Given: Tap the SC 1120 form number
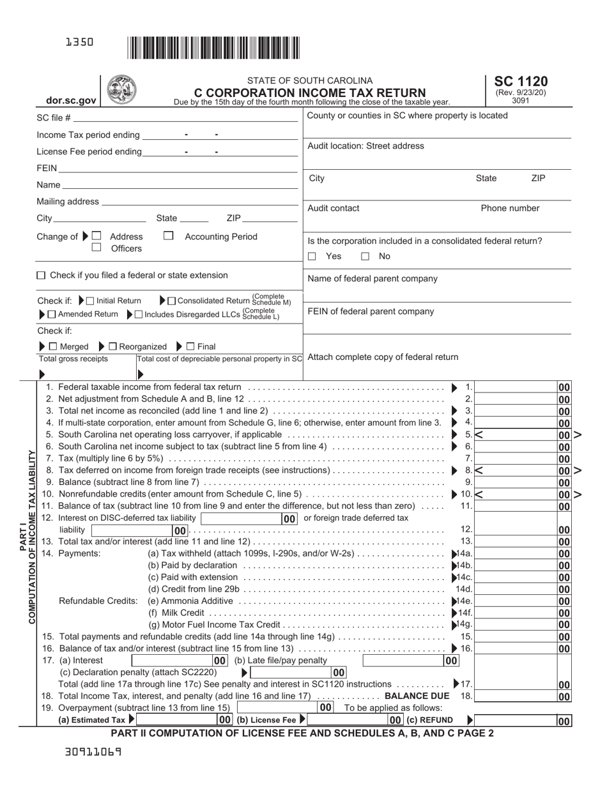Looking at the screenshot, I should [520, 81].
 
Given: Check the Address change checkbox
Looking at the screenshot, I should [96, 236].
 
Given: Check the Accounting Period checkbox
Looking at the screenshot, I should [169, 236].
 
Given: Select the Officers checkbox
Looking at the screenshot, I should [96, 248].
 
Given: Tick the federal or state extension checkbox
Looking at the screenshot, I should [42, 276].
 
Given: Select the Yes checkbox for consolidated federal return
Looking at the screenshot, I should [312, 257].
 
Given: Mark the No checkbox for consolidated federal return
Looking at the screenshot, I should [365, 257].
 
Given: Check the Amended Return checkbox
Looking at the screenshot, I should [52, 314].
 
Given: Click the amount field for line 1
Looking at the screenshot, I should [516, 387].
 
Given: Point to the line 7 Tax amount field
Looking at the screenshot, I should [516, 458].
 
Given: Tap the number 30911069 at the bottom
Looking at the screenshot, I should [93, 752].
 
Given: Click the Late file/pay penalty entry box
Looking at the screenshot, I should [403, 661].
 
